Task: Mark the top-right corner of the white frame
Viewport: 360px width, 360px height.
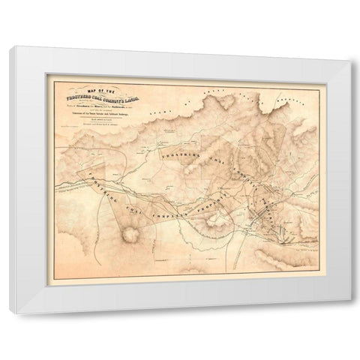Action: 348,46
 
